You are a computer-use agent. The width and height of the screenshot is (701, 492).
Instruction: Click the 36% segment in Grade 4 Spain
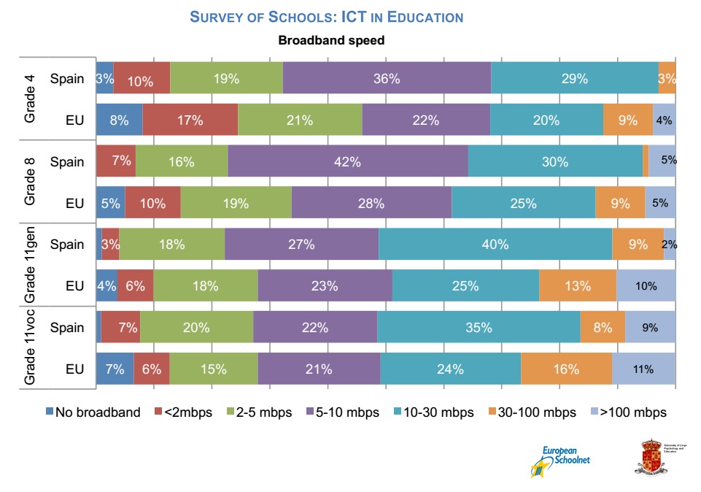click(x=387, y=79)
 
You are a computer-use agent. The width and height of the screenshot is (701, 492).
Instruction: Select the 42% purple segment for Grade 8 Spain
click(x=348, y=162)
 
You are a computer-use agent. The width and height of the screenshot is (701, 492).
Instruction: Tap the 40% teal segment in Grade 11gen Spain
click(x=495, y=245)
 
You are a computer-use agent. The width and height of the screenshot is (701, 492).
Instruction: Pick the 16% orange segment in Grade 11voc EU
click(x=566, y=369)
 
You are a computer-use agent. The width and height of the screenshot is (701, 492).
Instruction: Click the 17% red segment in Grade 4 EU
click(x=190, y=120)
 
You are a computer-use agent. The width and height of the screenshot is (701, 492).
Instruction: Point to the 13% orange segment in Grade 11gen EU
click(x=577, y=286)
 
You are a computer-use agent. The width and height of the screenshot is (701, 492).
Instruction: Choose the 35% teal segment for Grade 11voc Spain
click(x=479, y=328)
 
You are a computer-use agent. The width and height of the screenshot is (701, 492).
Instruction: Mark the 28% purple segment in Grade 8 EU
click(x=371, y=204)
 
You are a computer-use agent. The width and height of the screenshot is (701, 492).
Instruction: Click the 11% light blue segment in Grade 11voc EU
click(x=643, y=369)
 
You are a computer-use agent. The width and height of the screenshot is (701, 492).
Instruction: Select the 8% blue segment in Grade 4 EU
click(x=119, y=120)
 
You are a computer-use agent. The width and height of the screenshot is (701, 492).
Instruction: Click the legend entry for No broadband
click(x=93, y=412)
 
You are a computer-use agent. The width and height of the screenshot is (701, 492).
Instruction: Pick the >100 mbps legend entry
click(x=627, y=412)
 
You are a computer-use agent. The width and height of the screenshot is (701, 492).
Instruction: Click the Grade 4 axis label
click(x=30, y=100)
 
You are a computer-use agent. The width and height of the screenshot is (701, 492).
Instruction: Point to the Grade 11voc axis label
click(x=30, y=348)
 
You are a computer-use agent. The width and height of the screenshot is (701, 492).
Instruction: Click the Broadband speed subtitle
click(x=331, y=40)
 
